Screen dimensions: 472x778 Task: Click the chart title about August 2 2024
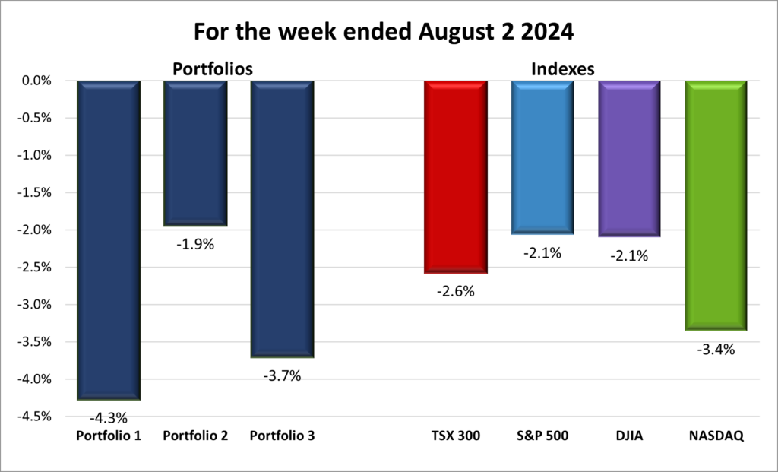(389, 32)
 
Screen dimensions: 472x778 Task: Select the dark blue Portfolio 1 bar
(108, 239)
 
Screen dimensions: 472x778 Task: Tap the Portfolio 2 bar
(194, 153)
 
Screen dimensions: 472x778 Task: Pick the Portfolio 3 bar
(282, 219)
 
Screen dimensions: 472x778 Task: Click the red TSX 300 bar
(455, 176)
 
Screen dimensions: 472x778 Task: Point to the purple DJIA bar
(629, 158)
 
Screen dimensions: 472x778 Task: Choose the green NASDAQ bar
(716, 205)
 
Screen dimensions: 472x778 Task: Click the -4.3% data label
(108, 417)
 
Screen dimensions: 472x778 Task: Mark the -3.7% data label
(282, 375)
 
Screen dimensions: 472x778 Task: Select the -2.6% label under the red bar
(455, 291)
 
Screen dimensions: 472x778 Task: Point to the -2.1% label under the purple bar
(629, 256)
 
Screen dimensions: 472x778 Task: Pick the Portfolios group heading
(212, 68)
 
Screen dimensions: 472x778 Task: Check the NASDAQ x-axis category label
(716, 436)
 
